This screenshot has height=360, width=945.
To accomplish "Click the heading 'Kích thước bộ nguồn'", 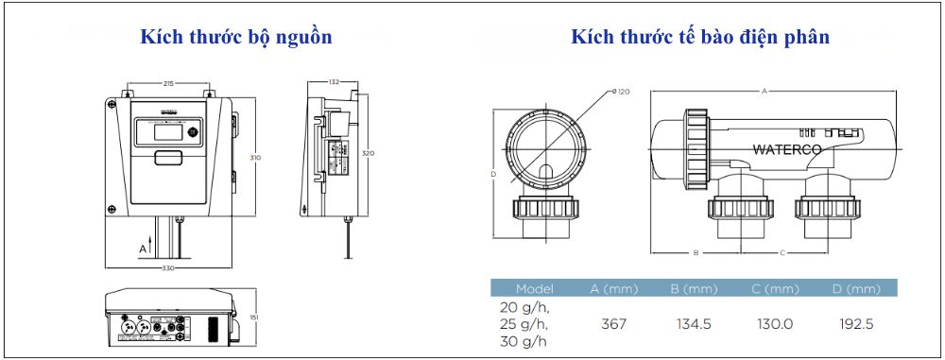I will coord(236,38).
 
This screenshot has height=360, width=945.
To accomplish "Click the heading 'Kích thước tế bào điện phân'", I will coord(700,38).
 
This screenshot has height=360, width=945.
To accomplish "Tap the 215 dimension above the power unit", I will coord(166,83).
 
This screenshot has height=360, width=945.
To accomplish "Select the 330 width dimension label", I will coord(169,269).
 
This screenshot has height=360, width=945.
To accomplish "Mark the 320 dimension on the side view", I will coord(369,153).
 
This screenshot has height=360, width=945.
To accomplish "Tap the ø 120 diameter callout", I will coord(621,92).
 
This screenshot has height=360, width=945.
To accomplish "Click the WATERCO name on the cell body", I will coord(788,149).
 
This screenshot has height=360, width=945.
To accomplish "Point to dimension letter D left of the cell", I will coord(493,174).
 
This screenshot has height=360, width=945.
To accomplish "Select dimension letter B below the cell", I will coord(696,253).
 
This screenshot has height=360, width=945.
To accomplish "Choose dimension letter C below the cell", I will coord(782,253).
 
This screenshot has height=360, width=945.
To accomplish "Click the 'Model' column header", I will coord(535,288).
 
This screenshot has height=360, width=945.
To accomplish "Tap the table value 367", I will coord(614,324).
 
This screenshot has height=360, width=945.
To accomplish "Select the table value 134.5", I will coord(695,324).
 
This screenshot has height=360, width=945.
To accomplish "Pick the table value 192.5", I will coord(856,324).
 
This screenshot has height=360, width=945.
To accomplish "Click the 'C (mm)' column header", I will coord(775,288).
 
